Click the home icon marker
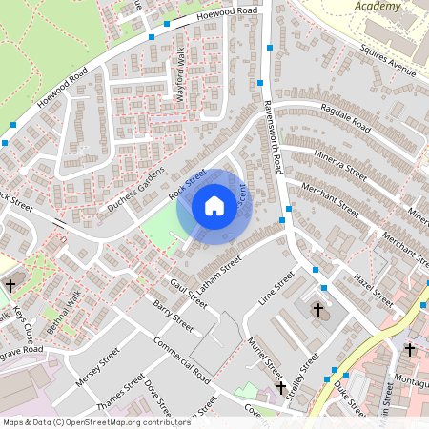point(214,206)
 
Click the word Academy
point(378,6)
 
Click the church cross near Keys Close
point(11,285)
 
